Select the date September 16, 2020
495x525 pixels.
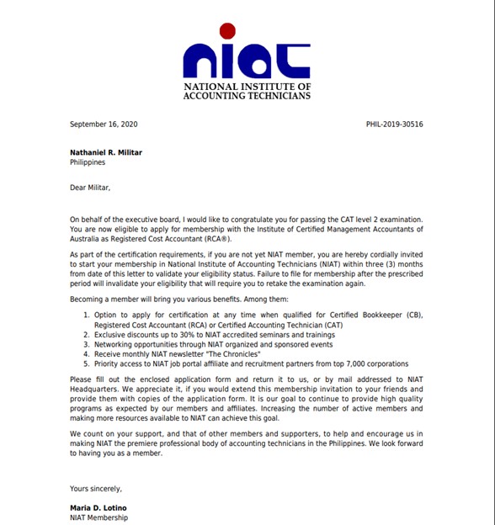pyautogui.click(x=104, y=125)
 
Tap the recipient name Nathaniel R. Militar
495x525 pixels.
pyautogui.click(x=107, y=152)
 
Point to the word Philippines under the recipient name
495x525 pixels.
pyautogui.click(x=88, y=162)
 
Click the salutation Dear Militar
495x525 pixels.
pyautogui.click(x=90, y=188)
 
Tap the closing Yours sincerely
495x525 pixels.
pyautogui.click(x=96, y=488)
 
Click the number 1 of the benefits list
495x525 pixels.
pyautogui.click(x=86, y=315)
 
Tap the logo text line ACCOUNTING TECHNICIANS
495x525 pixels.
pyautogui.click(x=247, y=96)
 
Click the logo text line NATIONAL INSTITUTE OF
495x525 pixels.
pyautogui.click(x=247, y=87)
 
